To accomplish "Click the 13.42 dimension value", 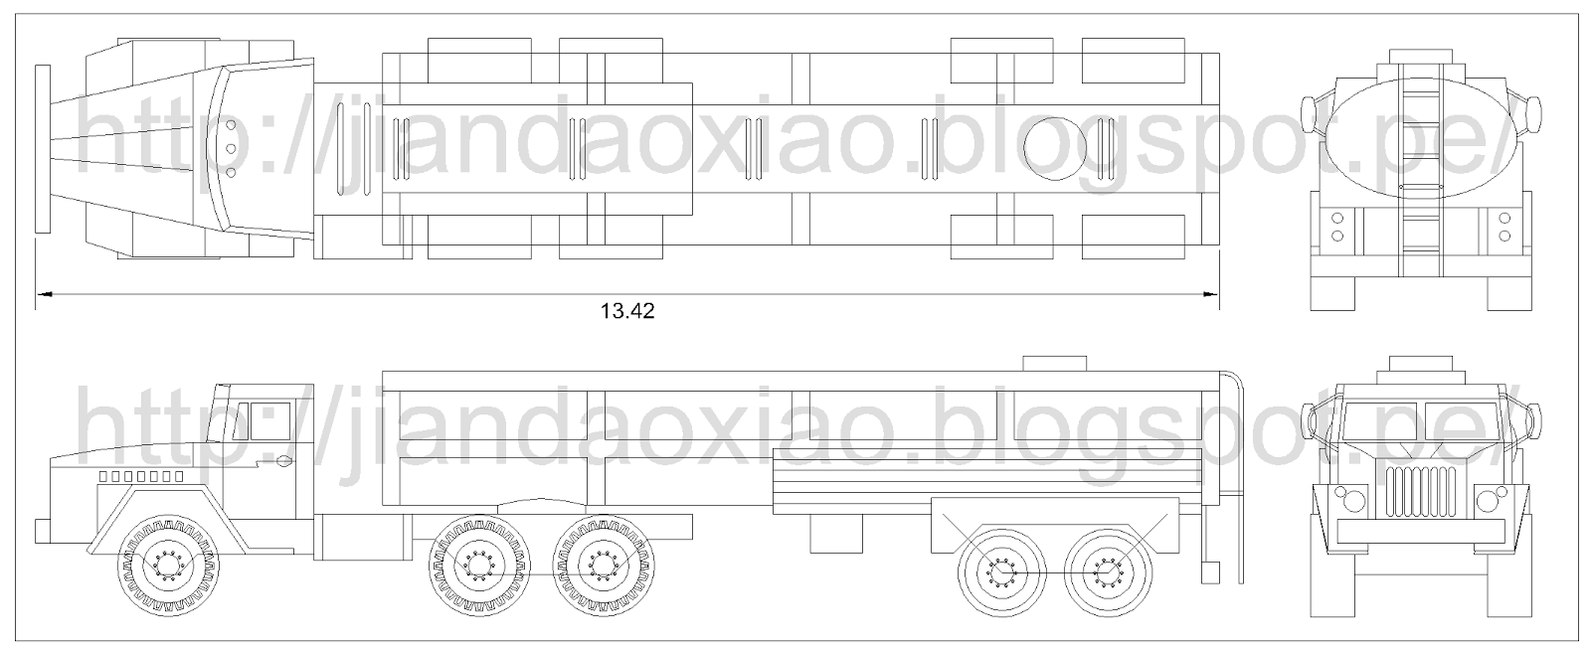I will [x=627, y=311].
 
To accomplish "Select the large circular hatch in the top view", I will [x=1062, y=149].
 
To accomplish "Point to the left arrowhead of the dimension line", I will [x=42, y=294].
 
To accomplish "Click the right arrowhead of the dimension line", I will [x=1211, y=294].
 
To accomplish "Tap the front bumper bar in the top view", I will [x=41, y=149].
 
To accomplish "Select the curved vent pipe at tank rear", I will [x=1238, y=437].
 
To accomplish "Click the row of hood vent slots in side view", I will [x=140, y=477].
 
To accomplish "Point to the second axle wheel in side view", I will [x=477, y=568].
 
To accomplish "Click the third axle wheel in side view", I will [x=603, y=568].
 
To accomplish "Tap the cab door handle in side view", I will [x=284, y=460].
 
